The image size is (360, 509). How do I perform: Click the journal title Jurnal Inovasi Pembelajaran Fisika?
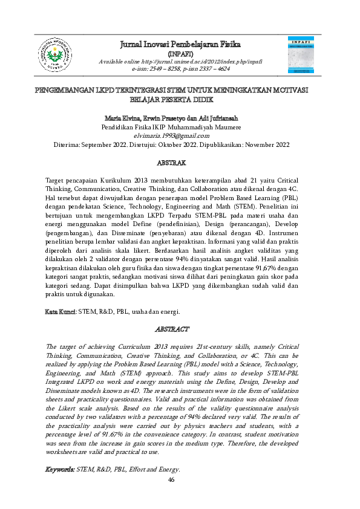click(x=180, y=45)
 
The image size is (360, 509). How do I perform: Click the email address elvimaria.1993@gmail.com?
click(x=180, y=136)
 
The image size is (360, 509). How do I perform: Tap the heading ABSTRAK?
click(x=180, y=163)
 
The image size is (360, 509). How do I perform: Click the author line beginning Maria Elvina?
click(x=180, y=118)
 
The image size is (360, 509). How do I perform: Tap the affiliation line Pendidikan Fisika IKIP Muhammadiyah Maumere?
click(x=180, y=127)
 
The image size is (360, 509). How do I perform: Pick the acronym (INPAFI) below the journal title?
click(x=180, y=53)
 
